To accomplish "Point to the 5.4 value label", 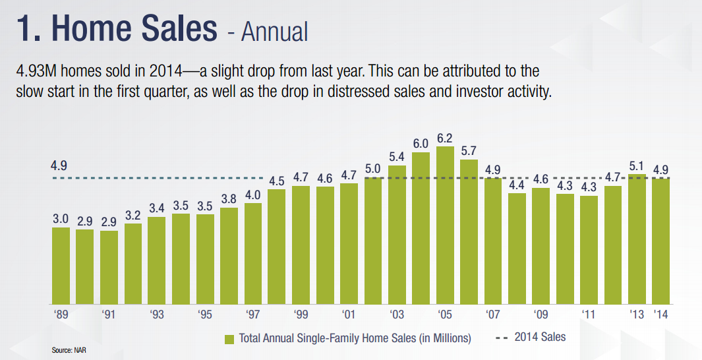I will (x=397, y=157).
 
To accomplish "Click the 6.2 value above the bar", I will (x=445, y=138).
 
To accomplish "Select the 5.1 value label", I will (x=637, y=166).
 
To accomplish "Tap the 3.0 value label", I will (x=61, y=219).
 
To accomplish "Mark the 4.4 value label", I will (x=517, y=185).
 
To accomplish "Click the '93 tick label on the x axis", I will (x=156, y=314).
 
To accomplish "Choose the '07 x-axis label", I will (x=492, y=314).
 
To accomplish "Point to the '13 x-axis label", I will (x=637, y=314).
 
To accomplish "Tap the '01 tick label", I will (x=349, y=314).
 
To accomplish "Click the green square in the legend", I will (x=230, y=339).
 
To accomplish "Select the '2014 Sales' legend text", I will (x=540, y=338).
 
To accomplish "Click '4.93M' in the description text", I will (x=38, y=71).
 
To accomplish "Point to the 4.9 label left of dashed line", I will (x=59, y=166).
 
